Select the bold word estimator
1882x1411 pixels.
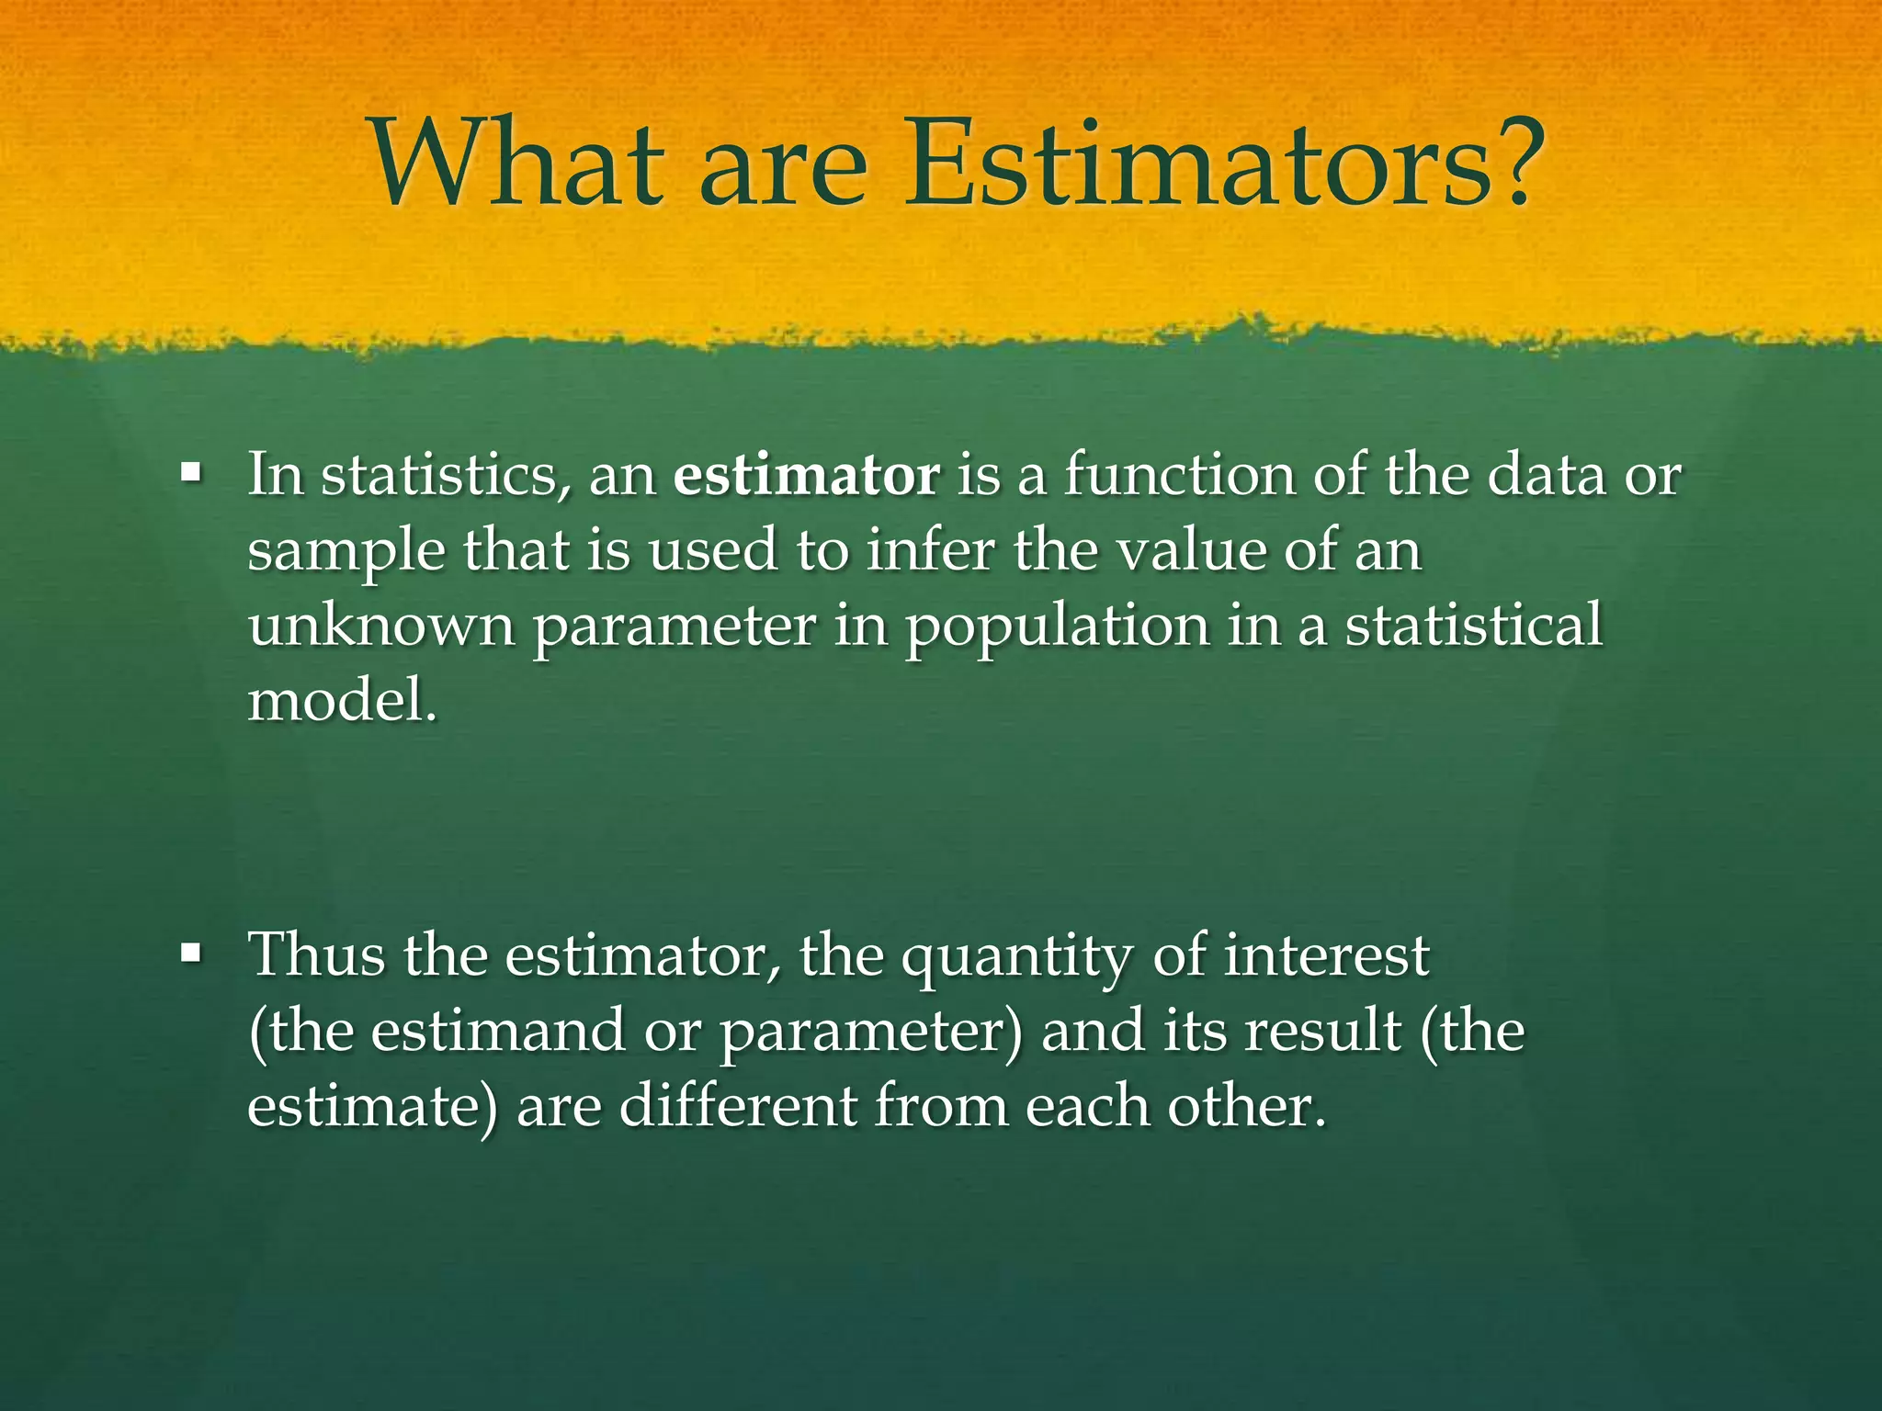[806, 477]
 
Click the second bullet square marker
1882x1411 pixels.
[191, 954]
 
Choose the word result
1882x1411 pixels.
[1322, 1031]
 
